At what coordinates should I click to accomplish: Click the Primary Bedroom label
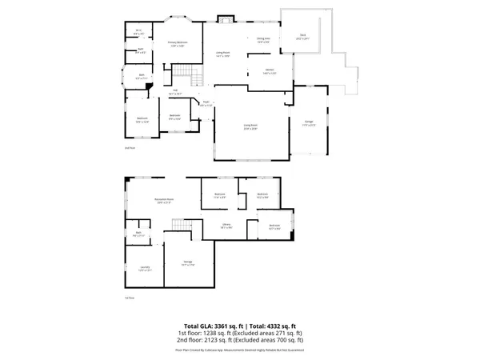tap(177, 44)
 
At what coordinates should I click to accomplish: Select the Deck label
tap(302, 36)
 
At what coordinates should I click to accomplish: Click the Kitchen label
tap(270, 72)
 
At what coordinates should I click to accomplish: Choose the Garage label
tap(307, 122)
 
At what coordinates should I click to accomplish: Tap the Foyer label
tap(205, 102)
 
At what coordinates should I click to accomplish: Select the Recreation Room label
tap(165, 201)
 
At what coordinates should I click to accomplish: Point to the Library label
tap(226, 226)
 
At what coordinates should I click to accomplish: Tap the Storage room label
tap(187, 262)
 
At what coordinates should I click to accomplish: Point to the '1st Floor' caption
tap(128, 298)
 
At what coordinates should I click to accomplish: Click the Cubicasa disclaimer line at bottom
tap(239, 350)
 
